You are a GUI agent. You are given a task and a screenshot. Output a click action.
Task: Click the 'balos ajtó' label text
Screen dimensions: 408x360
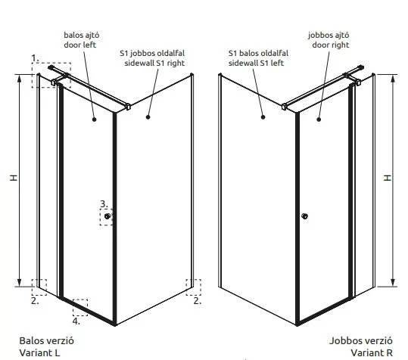coord(82,35)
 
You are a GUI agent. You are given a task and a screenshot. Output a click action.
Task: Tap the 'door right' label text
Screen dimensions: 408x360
coord(331,45)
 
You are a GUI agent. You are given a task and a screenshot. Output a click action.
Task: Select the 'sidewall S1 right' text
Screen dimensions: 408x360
coord(154,64)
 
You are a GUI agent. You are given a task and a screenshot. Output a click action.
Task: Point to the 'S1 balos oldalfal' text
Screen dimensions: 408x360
coord(258,53)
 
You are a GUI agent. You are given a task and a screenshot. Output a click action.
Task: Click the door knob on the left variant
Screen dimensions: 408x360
coord(107,216)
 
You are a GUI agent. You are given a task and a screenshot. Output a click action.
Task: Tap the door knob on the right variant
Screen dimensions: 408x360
coord(304,216)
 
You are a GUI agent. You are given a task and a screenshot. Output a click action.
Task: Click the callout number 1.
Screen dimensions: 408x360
coord(35,58)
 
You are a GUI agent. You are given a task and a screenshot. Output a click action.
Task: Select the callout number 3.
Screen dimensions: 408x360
coord(104,204)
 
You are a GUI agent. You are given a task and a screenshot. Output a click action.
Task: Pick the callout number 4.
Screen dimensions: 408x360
coord(76,321)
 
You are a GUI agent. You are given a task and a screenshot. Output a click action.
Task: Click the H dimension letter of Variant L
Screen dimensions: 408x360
coord(14,178)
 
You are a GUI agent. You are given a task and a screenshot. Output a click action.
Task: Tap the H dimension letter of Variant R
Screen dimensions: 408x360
coord(388,178)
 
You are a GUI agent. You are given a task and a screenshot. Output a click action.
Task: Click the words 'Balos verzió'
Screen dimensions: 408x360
coord(47,340)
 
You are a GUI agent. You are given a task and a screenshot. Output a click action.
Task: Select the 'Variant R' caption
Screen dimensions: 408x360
coord(372,352)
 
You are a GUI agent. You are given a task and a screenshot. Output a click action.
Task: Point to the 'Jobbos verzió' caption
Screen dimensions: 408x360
coord(361,340)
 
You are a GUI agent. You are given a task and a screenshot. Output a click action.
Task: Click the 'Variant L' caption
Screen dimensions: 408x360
coord(39,352)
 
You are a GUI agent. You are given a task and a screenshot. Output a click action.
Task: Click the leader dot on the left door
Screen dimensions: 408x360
coord(95,119)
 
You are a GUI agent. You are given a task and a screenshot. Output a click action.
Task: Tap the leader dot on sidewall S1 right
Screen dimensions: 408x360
coord(148,117)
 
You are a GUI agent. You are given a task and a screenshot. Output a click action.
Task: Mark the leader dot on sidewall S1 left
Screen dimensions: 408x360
coord(263,117)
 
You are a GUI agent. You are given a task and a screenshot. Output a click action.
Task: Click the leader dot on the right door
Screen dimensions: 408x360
coord(319,119)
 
